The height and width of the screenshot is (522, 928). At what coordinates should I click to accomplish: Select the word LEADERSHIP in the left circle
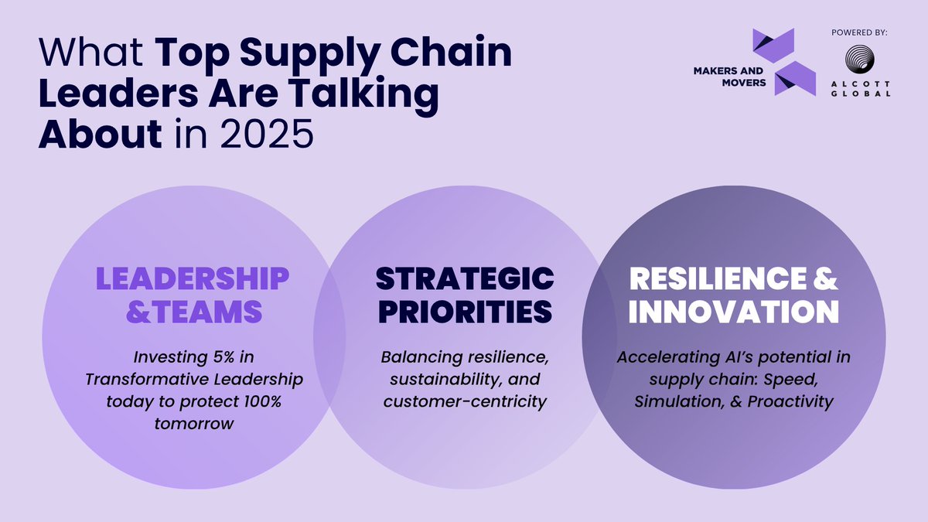[193, 279]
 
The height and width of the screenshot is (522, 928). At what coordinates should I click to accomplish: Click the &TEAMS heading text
[193, 311]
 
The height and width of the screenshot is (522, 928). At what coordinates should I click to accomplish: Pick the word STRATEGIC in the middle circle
[466, 279]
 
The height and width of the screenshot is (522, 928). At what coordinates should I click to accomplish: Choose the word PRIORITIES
[466, 311]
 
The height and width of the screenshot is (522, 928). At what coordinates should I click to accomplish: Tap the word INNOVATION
[733, 311]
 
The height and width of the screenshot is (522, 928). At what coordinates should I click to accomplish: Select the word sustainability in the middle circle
[435, 380]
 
